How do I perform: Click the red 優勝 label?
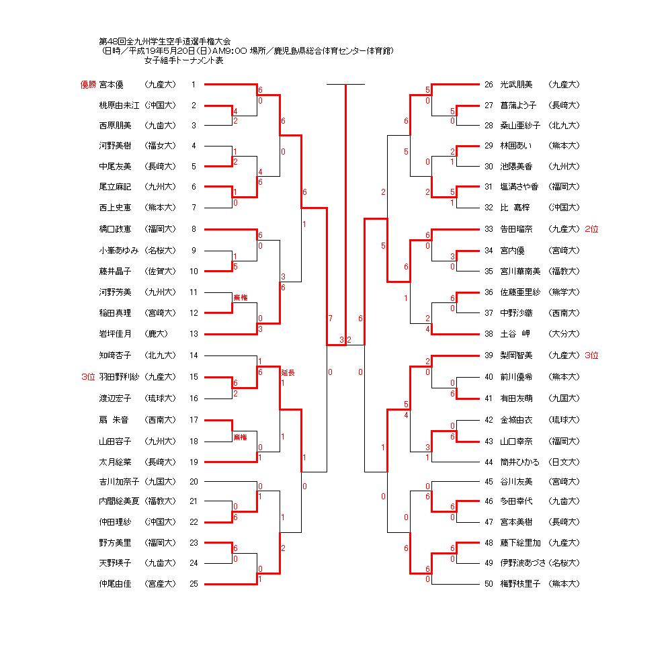click(x=88, y=85)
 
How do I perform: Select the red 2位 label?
click(x=591, y=229)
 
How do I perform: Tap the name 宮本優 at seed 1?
click(x=111, y=85)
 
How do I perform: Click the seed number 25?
click(x=194, y=584)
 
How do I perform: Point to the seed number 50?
click(x=489, y=584)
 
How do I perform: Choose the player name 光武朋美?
click(x=516, y=85)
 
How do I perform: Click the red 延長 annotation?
click(x=288, y=373)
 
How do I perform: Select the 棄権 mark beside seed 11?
click(x=241, y=298)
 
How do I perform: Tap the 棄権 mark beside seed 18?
click(x=241, y=437)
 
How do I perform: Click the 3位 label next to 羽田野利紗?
click(x=88, y=377)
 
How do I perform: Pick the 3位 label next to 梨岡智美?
click(x=591, y=355)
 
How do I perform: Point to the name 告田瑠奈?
click(x=516, y=229)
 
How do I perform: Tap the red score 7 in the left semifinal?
click(x=331, y=319)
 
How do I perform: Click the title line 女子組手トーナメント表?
click(x=184, y=60)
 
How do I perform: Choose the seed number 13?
click(x=194, y=334)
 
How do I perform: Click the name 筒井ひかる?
click(x=520, y=462)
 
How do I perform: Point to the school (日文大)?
click(x=564, y=462)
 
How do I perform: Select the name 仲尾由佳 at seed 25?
click(x=116, y=584)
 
